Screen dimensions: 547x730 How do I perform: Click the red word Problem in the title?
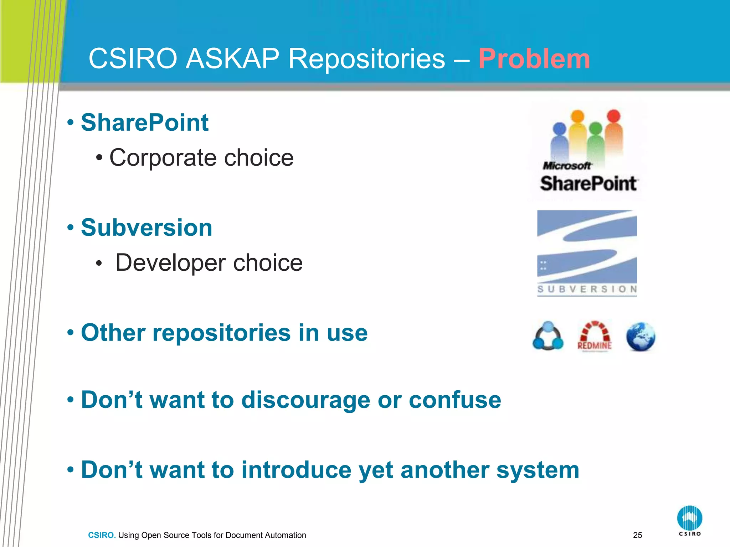click(x=534, y=59)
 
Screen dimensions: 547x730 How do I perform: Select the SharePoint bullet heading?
click(x=144, y=123)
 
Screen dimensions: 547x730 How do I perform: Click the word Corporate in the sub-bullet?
click(x=162, y=157)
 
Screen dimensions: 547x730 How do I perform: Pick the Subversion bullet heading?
click(x=146, y=228)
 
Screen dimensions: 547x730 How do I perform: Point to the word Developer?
click(x=170, y=263)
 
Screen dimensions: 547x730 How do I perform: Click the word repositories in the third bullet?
click(x=221, y=333)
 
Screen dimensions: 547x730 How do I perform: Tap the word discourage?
click(x=306, y=400)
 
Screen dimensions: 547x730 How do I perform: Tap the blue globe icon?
click(x=641, y=337)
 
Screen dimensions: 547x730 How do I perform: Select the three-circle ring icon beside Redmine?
click(x=548, y=336)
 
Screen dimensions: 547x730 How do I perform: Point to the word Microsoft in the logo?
click(x=566, y=166)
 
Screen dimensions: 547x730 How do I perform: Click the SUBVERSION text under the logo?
click(x=587, y=289)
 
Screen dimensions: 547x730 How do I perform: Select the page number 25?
click(x=637, y=535)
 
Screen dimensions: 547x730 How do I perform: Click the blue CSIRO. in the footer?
click(x=102, y=535)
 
